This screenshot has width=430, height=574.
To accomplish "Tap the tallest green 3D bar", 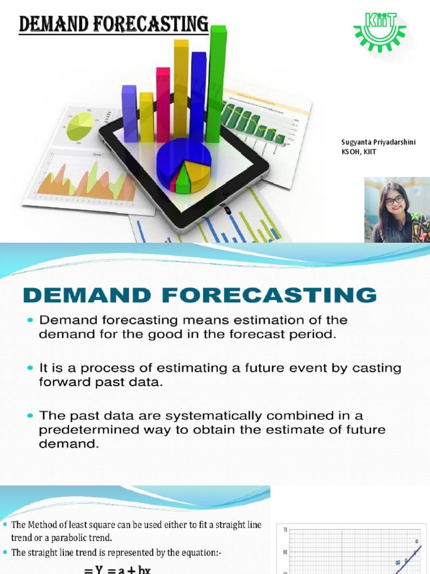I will tap(217, 84).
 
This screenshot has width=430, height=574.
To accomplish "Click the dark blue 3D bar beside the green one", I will tap(198, 95).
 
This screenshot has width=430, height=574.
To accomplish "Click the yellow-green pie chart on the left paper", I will tap(80, 126).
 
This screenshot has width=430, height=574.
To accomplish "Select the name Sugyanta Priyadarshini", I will tap(378, 142).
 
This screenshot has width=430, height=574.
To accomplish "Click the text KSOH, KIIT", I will tap(355, 151).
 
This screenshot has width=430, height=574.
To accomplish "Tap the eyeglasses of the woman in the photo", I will tap(394, 200).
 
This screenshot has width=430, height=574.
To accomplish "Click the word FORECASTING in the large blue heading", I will tap(294, 295).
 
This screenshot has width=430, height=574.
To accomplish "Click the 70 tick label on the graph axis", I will tap(285, 529).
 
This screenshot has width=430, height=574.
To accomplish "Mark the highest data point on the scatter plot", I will tap(417, 541).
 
